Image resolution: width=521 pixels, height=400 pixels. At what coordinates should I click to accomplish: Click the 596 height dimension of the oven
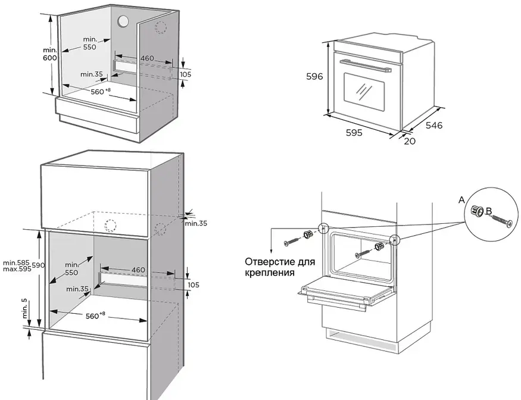click(314, 76)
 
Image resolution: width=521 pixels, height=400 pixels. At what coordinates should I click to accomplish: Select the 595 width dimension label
click(354, 133)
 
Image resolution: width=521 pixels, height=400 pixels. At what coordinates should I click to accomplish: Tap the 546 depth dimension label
click(434, 125)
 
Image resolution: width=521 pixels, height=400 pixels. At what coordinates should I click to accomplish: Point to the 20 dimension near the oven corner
click(410, 141)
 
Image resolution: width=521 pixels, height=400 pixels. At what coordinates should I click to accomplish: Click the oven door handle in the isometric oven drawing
click(366, 65)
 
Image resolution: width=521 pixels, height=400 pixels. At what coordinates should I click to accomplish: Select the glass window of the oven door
click(364, 92)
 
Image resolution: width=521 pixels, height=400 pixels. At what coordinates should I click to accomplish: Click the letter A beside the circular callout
click(461, 200)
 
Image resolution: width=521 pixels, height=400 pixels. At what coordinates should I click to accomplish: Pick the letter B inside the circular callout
click(489, 211)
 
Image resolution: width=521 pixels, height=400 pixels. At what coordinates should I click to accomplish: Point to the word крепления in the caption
click(270, 273)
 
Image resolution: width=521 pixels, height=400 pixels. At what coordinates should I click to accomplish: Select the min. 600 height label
click(50, 54)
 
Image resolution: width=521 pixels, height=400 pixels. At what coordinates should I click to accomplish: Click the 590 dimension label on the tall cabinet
click(39, 265)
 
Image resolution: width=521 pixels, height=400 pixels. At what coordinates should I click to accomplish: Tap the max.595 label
click(17, 269)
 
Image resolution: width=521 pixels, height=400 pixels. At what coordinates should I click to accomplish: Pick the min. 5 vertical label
click(24, 308)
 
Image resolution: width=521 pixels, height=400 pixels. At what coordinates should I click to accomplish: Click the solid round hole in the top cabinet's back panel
click(123, 21)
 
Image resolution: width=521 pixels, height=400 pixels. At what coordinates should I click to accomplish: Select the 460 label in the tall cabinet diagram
click(138, 270)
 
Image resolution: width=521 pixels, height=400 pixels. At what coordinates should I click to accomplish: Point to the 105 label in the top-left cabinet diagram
click(185, 74)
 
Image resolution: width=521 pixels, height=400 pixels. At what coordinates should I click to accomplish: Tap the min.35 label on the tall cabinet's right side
click(196, 223)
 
